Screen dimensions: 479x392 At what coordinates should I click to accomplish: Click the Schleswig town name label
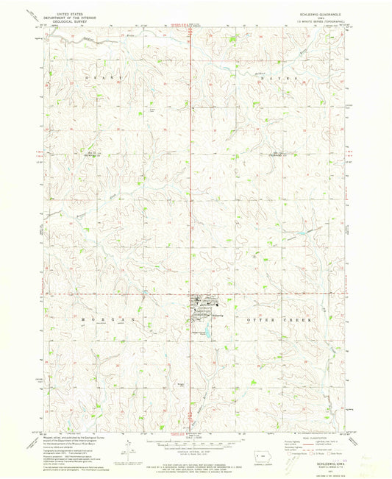tap(218, 314)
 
